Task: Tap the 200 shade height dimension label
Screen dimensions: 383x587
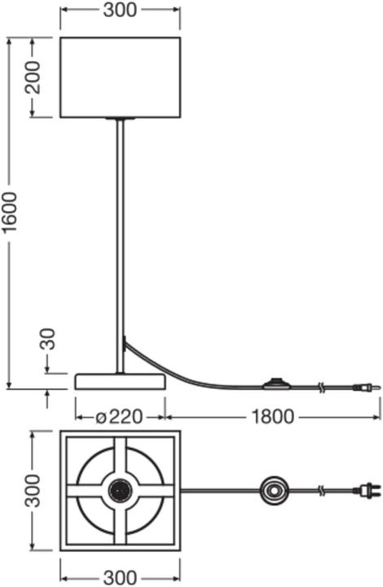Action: point(33,77)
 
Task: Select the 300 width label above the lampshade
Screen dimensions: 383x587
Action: point(120,10)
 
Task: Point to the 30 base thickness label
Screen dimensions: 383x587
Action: point(48,339)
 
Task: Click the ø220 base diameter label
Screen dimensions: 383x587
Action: point(119,417)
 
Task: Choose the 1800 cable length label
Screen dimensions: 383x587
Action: point(273,417)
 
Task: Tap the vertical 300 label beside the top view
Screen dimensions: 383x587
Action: point(33,491)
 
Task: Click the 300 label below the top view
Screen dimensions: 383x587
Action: point(120,578)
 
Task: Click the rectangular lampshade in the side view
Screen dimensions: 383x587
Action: point(121,77)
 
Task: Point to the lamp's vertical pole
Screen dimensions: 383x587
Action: point(120,246)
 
